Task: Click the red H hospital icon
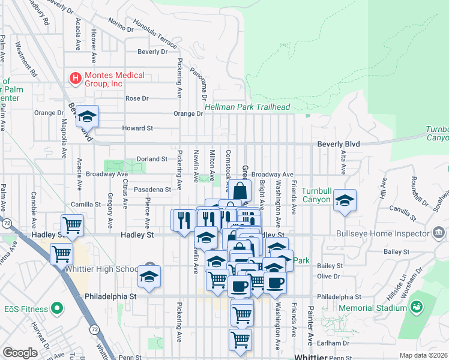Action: tap(75, 79)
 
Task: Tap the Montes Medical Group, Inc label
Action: tap(114, 79)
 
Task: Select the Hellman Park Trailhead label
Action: tap(247, 107)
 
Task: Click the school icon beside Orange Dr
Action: tap(88, 116)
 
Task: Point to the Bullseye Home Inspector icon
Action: tap(438, 232)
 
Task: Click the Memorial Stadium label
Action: tap(372, 308)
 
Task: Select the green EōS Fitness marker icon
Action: tap(57, 308)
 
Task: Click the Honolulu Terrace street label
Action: tap(155, 35)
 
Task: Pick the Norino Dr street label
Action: tap(121, 25)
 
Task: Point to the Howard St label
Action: tap(137, 128)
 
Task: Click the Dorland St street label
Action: tap(151, 159)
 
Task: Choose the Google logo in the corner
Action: tap(19, 353)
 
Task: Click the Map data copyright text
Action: tap(424, 355)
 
